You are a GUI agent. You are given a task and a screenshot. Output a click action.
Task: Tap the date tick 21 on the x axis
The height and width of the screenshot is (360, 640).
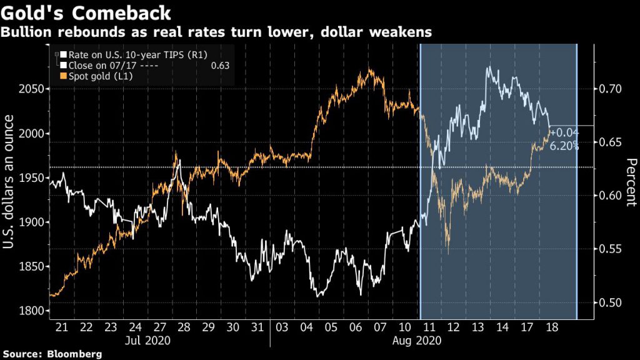click(62, 327)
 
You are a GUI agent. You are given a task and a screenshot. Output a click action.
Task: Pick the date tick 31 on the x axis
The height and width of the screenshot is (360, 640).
click(256, 327)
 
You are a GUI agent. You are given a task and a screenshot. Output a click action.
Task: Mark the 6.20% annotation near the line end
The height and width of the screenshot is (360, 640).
click(564, 146)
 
